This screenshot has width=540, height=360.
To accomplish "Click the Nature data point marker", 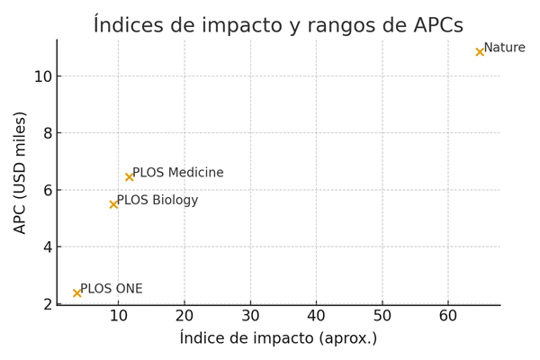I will (x=480, y=52).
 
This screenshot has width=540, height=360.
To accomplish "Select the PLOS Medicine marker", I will (x=130, y=177).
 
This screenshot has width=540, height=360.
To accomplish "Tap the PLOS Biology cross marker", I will (x=114, y=204).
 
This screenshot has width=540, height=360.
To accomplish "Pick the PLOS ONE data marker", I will (x=77, y=292).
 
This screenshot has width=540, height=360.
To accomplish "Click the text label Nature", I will (x=504, y=48).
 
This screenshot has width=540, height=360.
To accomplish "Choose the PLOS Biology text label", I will (x=157, y=200).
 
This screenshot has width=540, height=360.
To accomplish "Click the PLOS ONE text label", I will (x=112, y=289).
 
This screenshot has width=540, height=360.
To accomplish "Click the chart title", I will (x=278, y=25).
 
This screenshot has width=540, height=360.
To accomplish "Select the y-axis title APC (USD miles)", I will (x=21, y=172).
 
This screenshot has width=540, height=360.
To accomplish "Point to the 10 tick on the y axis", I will (x=42, y=76).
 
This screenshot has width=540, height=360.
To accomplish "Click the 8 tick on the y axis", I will (x=47, y=133).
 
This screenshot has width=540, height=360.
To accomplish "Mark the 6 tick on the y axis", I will (x=47, y=190).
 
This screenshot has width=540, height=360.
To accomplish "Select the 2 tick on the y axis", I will (x=47, y=304).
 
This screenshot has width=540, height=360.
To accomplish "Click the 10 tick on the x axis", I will (x=118, y=317).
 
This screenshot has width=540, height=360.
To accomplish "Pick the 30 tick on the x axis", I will (x=250, y=317).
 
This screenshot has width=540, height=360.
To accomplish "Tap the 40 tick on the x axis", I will (x=316, y=317).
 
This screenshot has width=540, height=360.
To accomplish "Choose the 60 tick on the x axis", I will (x=448, y=317).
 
